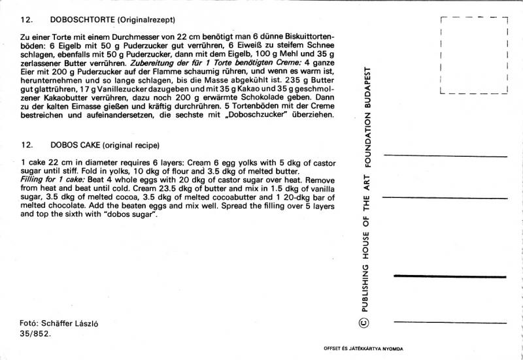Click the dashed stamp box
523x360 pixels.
pyautogui.click(x=475, y=56)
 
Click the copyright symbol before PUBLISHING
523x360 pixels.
pyautogui.click(x=365, y=321)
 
